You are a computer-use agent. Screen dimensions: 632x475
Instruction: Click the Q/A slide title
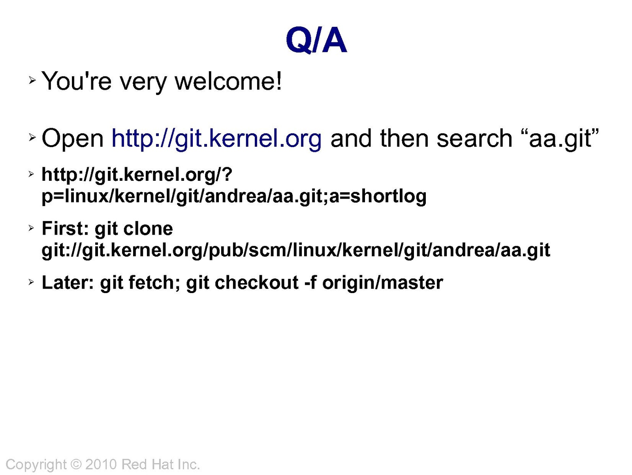click(316, 41)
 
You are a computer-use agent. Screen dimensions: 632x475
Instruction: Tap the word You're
click(77, 81)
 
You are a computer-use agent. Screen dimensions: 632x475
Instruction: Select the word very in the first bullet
click(143, 83)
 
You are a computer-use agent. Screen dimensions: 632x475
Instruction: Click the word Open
click(73, 139)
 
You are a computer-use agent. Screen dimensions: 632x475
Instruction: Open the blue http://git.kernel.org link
click(216, 139)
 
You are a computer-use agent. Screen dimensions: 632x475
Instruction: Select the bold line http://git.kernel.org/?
click(137, 175)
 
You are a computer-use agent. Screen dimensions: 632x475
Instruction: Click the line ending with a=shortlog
click(234, 197)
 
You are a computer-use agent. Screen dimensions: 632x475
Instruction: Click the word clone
click(148, 229)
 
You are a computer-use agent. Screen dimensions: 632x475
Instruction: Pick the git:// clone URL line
click(296, 250)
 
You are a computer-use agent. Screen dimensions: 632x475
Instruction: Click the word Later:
click(68, 282)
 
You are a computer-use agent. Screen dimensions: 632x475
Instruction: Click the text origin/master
click(383, 283)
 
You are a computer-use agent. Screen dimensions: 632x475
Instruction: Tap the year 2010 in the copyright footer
click(101, 465)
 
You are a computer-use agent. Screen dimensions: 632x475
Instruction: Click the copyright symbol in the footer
click(76, 465)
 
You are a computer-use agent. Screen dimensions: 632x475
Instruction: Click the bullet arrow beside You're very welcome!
click(32, 80)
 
